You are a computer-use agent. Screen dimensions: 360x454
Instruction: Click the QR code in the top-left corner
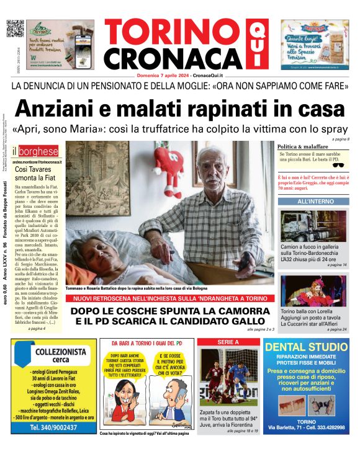[x=14, y=29]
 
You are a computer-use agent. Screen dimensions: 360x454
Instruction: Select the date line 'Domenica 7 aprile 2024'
[x=163, y=75]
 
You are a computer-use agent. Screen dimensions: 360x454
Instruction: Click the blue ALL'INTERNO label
[x=315, y=202]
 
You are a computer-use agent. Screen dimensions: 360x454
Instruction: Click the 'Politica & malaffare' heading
[x=305, y=146]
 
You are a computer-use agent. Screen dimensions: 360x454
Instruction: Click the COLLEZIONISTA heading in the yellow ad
[x=55, y=352]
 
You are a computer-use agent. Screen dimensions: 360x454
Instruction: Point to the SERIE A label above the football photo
[x=228, y=342]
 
